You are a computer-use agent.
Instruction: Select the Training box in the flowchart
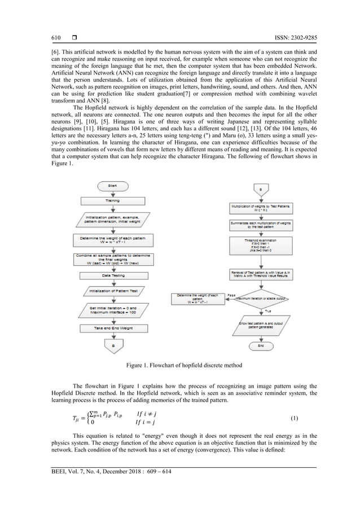113,200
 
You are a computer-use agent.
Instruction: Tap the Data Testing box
113,275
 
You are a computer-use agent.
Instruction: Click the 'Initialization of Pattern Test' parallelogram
113,291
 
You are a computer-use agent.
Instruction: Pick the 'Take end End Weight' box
113,327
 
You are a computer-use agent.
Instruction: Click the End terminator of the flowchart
261,345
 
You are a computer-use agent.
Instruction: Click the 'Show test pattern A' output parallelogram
261,326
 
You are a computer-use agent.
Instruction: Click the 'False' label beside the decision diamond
231,295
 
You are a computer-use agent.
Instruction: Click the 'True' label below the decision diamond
269,311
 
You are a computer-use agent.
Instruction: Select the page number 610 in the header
56,37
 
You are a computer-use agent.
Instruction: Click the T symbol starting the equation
76,419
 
